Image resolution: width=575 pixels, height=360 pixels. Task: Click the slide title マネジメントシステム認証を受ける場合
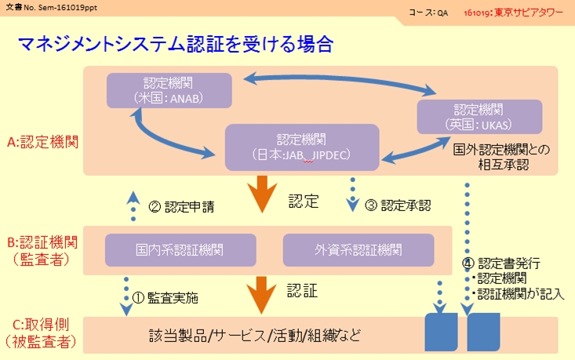(x=176, y=43)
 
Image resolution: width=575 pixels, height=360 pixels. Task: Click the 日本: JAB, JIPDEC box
(x=302, y=147)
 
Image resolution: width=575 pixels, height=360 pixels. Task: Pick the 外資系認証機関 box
(x=358, y=250)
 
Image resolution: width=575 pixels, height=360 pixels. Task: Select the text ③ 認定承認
(x=397, y=206)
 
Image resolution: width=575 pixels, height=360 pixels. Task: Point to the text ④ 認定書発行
(x=511, y=263)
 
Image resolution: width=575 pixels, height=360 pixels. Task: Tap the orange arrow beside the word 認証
(x=259, y=296)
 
